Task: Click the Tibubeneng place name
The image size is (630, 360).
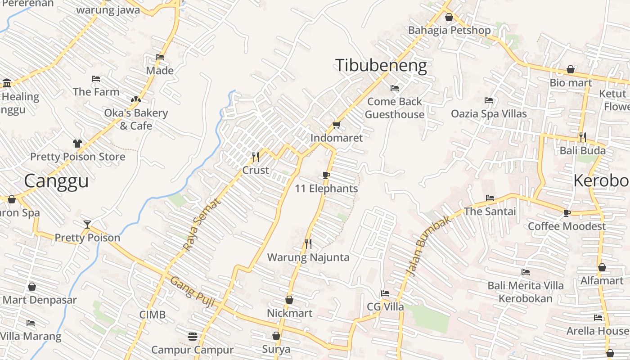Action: (381, 66)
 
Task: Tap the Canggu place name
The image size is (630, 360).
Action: (56, 181)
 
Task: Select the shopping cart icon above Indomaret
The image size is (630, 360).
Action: (336, 125)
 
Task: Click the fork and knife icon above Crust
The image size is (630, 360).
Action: (255, 157)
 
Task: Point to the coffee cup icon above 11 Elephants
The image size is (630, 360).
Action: (326, 175)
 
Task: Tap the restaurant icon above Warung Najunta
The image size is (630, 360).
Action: (308, 244)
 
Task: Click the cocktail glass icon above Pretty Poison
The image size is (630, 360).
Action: (87, 224)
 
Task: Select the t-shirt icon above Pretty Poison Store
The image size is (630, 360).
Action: (77, 144)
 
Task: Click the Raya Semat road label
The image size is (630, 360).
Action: (202, 225)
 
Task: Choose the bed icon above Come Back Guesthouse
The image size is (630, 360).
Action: (395, 88)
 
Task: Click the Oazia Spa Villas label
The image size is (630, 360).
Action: (489, 113)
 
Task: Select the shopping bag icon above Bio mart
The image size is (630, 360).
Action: (571, 69)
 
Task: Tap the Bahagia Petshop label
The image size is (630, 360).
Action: (449, 30)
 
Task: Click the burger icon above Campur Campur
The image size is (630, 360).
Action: (192, 336)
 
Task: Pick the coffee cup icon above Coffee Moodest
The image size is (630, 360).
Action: (567, 213)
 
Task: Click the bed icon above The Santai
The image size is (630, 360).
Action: (490, 198)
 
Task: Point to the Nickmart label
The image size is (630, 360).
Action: (289, 313)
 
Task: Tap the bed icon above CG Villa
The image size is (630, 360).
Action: (385, 293)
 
